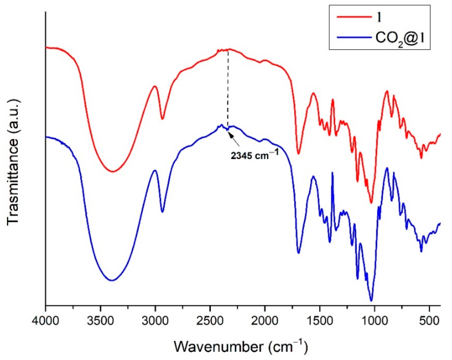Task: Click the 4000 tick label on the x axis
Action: click(x=45, y=323)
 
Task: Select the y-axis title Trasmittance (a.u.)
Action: click(x=13, y=162)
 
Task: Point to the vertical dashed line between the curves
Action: click(x=228, y=89)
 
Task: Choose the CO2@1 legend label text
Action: click(x=399, y=38)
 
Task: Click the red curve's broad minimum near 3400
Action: click(x=113, y=172)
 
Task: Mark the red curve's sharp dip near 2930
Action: click(x=162, y=119)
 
